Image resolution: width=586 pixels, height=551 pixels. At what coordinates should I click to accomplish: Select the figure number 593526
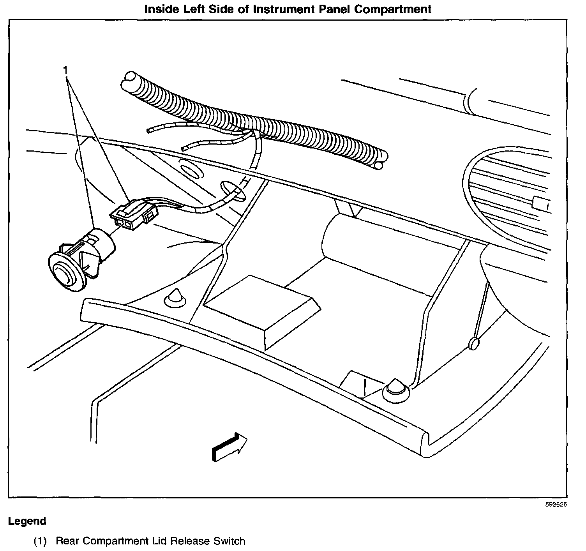coord(556,504)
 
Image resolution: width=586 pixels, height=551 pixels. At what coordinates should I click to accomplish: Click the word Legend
coord(27,521)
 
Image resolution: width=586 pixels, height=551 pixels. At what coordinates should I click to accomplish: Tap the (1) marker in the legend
coord(40,541)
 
